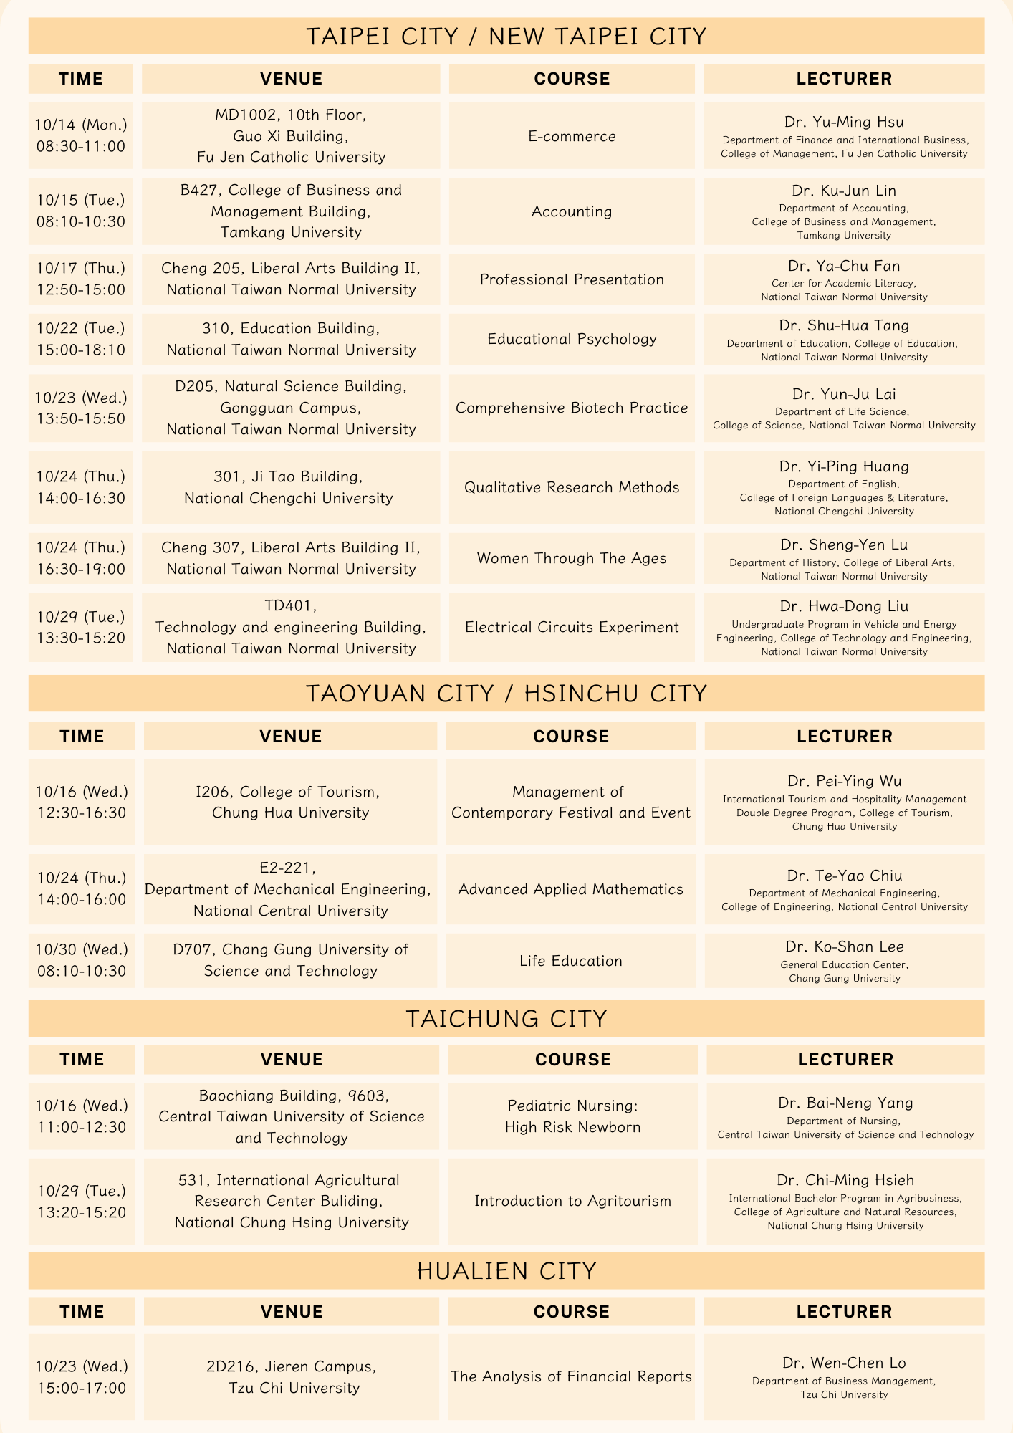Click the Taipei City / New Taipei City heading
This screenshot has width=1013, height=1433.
(506, 37)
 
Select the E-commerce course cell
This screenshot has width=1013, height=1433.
(572, 136)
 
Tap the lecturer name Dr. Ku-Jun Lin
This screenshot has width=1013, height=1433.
(844, 191)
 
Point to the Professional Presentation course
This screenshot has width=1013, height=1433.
(572, 279)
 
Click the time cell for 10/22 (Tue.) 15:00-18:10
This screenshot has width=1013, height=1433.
(81, 339)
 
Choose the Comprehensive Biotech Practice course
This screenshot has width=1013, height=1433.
(572, 408)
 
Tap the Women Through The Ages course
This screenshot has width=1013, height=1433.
(572, 558)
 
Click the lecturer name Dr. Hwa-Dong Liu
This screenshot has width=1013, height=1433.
(844, 607)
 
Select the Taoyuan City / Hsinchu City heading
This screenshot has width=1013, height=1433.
(506, 694)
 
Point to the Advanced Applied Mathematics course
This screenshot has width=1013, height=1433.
(571, 889)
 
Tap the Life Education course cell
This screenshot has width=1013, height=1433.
(571, 961)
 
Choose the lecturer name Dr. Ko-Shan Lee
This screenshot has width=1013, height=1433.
(844, 947)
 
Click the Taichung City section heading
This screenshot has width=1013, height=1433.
(506, 1019)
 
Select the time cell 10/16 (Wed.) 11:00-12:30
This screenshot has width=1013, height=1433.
(82, 1116)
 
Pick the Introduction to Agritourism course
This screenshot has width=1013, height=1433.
(572, 1201)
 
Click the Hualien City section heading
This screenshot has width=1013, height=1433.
(506, 1271)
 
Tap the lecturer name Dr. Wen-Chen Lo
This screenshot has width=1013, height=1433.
(844, 1363)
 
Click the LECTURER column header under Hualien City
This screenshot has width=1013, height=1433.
(844, 1311)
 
